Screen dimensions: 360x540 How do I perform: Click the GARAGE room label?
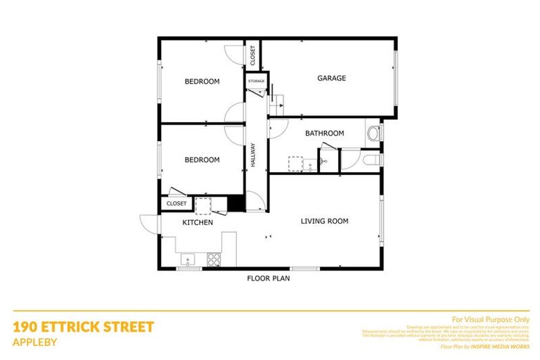pyautogui.click(x=330, y=78)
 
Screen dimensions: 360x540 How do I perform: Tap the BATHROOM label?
pyautogui.click(x=324, y=134)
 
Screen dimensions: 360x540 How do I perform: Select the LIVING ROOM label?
pyautogui.click(x=324, y=221)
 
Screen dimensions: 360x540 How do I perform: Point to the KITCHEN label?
pyautogui.click(x=198, y=223)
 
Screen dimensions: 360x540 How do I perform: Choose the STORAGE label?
pyautogui.click(x=256, y=82)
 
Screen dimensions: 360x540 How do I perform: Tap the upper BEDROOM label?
pyautogui.click(x=202, y=82)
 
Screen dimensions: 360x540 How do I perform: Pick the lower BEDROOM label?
pyautogui.click(x=202, y=160)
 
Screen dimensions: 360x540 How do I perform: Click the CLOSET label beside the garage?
pyautogui.click(x=252, y=55)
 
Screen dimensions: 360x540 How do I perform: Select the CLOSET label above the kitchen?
pyautogui.click(x=176, y=204)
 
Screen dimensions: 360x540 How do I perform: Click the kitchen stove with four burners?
pyautogui.click(x=213, y=259)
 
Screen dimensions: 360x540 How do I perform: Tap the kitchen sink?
pyautogui.click(x=188, y=259)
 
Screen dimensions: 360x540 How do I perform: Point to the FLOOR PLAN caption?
pyautogui.click(x=268, y=278)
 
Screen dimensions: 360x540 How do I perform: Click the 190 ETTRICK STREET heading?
pyautogui.click(x=83, y=327)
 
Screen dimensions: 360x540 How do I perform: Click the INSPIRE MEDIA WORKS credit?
pyautogui.click(x=501, y=347)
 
